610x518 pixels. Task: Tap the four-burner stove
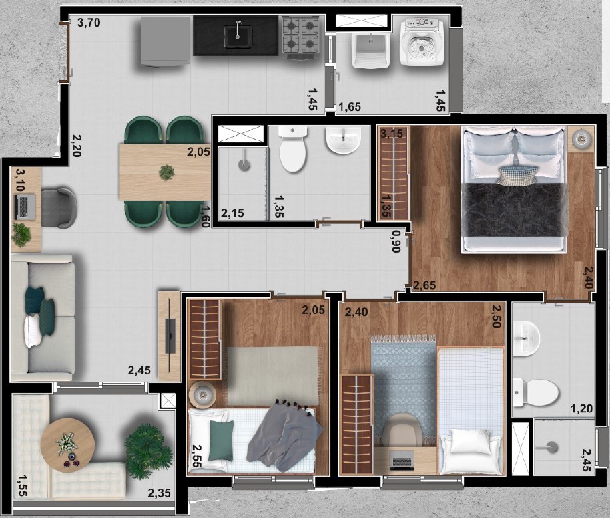(x=301, y=35)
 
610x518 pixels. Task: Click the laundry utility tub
(x=369, y=50)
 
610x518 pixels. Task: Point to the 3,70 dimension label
(x=89, y=23)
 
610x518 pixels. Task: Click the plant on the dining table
(x=166, y=172)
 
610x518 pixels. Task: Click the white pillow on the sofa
(x=32, y=331)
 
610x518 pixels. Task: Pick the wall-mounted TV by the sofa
(x=170, y=336)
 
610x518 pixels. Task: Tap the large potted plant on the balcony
(x=148, y=451)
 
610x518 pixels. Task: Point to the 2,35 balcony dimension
(x=159, y=493)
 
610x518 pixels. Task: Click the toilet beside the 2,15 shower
(x=293, y=150)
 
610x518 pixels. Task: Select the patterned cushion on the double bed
(x=517, y=175)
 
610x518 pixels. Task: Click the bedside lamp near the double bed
(x=581, y=138)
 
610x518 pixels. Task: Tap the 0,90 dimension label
(x=396, y=241)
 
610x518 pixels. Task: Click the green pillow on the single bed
(x=221, y=440)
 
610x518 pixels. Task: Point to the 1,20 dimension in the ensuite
(x=581, y=408)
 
